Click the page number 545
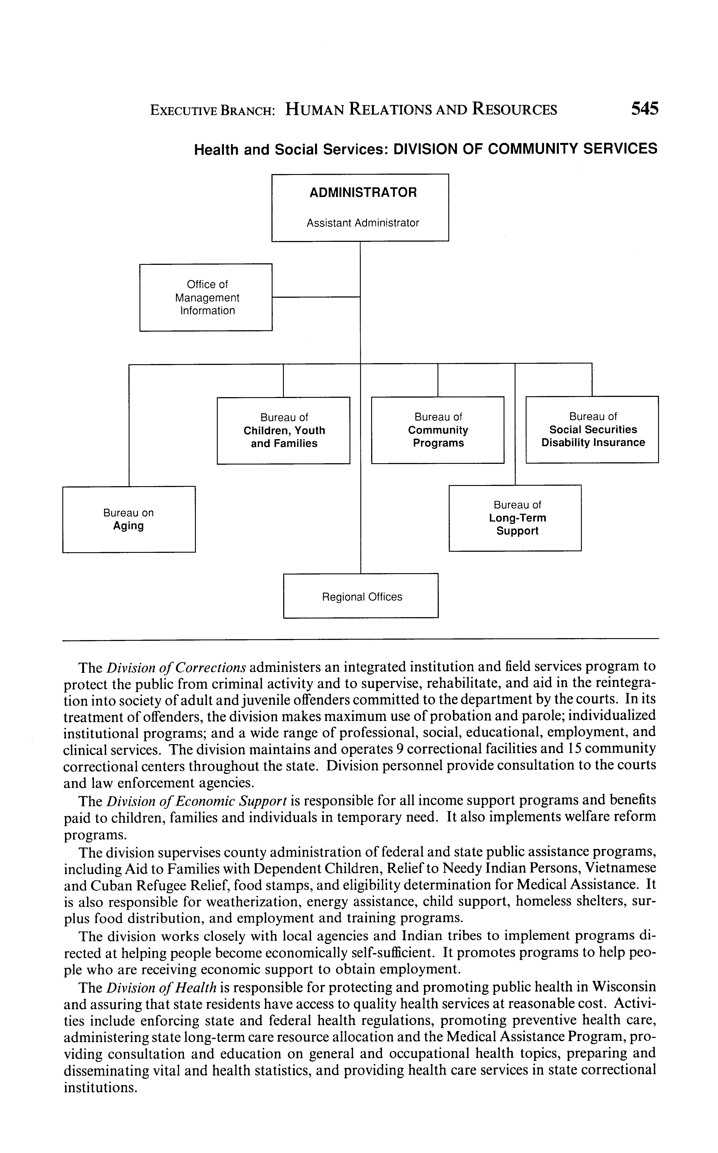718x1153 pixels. click(644, 109)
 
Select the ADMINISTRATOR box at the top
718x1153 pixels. click(360, 207)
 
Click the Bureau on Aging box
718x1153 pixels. click(129, 519)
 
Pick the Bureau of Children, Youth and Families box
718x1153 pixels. click(283, 430)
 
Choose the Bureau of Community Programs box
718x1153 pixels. click(437, 430)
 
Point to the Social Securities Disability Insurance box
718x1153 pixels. click(592, 429)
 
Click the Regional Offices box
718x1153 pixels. click(361, 596)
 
